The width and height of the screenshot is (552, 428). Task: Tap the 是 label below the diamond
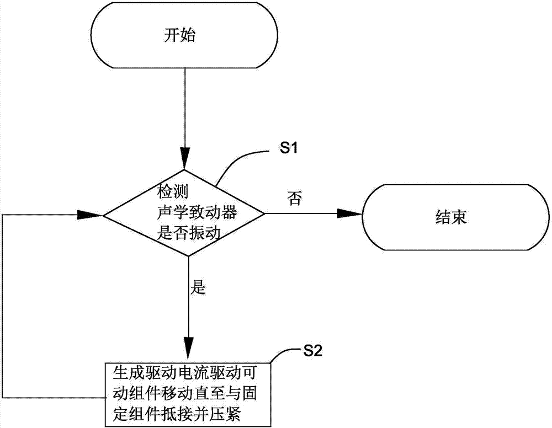pyautogui.click(x=197, y=288)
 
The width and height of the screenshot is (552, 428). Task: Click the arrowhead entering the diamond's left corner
pyautogui.click(x=89, y=213)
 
